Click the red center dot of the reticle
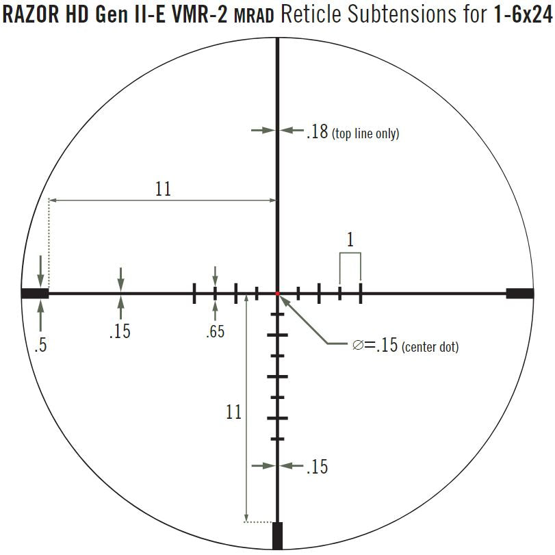pos(278,294)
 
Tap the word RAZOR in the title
pos(30,15)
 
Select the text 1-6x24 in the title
pos(523,15)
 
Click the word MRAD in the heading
pos(254,16)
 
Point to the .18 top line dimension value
pos(317,131)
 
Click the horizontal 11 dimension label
pos(163,189)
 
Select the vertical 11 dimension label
pos(233,412)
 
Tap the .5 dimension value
pos(40,345)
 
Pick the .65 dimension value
pos(215,332)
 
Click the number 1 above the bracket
pos(350,240)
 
